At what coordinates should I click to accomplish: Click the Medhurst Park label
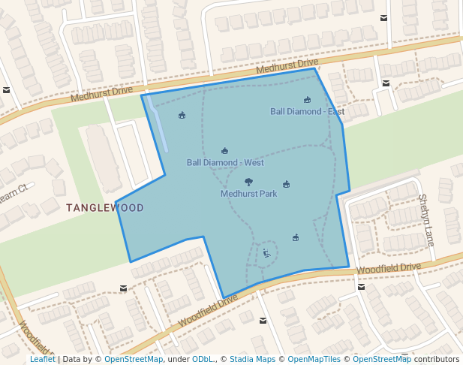pos(248,194)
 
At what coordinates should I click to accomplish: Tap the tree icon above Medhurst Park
pos(248,182)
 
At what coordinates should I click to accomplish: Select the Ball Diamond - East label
pos(307,112)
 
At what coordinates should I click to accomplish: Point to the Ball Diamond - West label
pos(225,162)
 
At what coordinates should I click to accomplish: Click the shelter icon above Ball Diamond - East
pos(307,100)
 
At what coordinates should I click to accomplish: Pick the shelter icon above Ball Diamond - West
pos(224,151)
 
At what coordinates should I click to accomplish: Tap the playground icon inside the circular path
pos(266,253)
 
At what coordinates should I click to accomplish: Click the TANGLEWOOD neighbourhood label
pos(104,207)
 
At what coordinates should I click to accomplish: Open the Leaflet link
pos(43,360)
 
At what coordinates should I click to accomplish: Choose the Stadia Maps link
pos(251,360)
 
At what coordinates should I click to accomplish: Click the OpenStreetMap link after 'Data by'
pos(133,360)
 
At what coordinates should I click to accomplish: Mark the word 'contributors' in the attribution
pos(437,360)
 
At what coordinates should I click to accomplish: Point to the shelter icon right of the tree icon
pos(286,184)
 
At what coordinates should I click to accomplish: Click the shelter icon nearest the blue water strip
pos(182,115)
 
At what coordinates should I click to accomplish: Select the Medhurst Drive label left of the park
pos(101,94)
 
